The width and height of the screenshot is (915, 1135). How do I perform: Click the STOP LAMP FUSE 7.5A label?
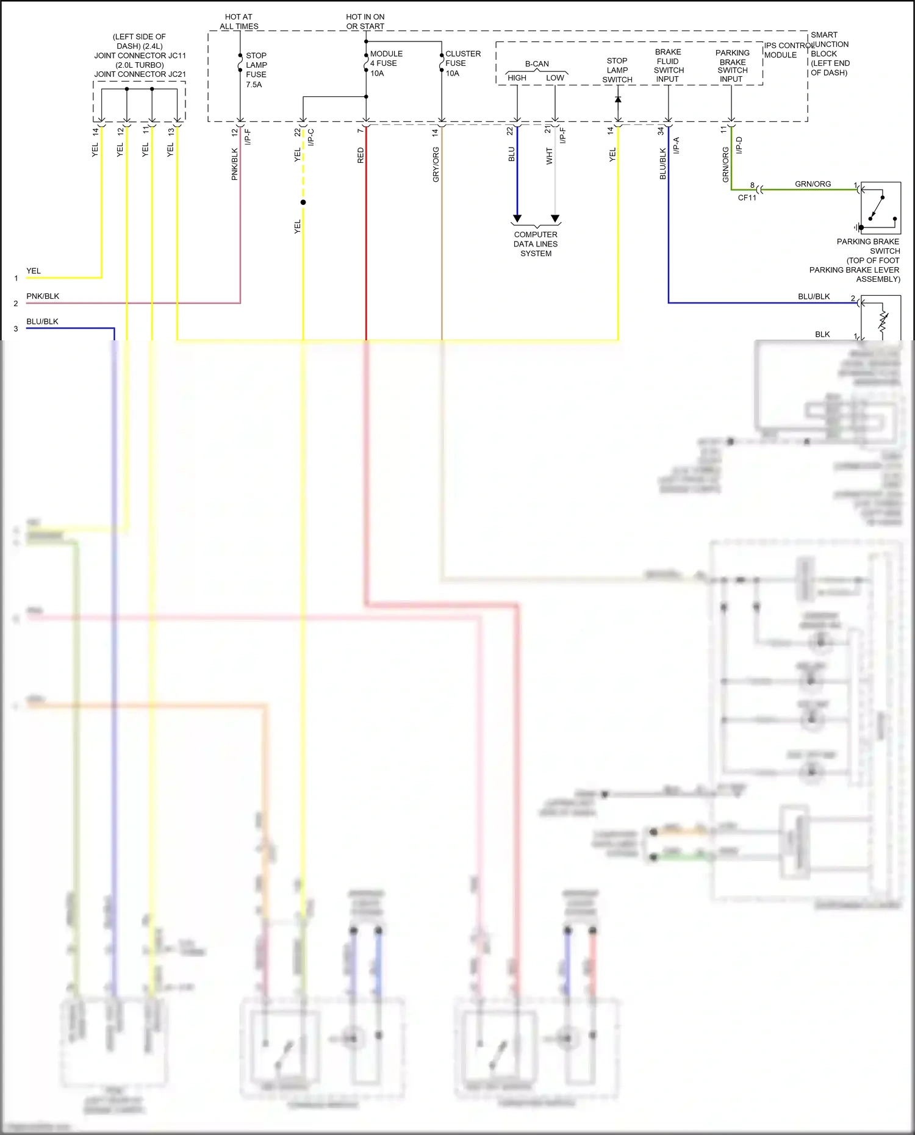tap(256, 70)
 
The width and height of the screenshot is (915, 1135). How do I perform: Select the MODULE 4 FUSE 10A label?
tap(386, 63)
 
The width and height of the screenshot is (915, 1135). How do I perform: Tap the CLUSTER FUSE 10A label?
tap(462, 63)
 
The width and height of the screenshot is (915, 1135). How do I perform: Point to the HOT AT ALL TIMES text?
tap(239, 21)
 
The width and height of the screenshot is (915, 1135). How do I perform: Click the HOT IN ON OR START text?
tap(365, 21)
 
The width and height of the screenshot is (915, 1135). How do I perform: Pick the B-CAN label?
tap(537, 63)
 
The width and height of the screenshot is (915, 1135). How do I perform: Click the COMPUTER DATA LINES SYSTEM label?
tap(536, 244)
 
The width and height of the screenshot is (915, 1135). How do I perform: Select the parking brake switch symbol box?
tap(880, 208)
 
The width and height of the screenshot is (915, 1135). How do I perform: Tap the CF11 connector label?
tap(747, 198)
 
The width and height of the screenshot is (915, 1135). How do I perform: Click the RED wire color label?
tap(361, 155)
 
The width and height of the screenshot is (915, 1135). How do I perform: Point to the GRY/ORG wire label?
tap(436, 164)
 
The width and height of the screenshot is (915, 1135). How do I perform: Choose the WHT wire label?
tap(549, 156)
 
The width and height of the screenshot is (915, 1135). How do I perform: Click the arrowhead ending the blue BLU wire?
tap(517, 218)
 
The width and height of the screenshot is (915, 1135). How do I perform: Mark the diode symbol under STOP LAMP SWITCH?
tap(618, 99)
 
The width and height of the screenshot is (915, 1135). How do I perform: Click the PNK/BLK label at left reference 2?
tap(43, 296)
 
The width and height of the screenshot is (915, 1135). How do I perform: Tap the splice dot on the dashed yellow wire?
tap(303, 202)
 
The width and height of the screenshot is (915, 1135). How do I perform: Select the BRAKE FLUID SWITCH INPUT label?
tap(668, 65)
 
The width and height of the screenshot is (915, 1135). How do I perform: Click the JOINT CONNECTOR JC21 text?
tap(140, 74)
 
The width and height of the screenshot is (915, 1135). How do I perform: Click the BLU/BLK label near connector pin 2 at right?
tap(814, 296)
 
